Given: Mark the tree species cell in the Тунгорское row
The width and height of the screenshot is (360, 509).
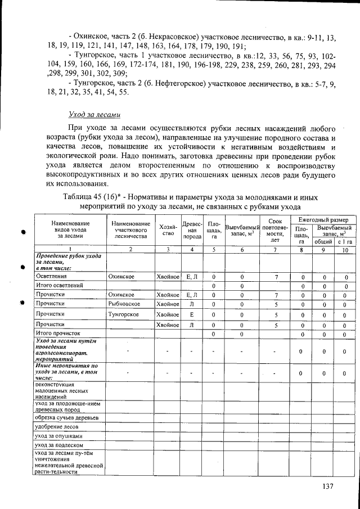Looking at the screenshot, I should [x=192, y=314].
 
